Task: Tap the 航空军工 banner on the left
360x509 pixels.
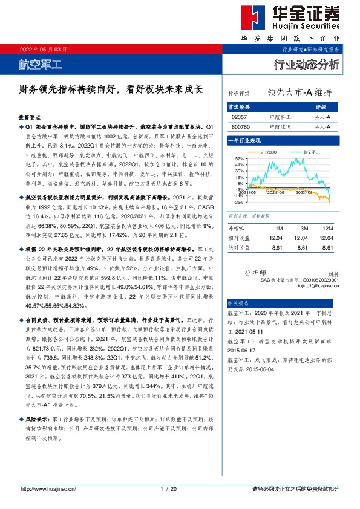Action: pos(41,63)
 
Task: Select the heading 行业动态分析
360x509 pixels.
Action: pos(307,64)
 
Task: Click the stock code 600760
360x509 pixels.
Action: pos(241,127)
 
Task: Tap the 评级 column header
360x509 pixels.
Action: pos(321,106)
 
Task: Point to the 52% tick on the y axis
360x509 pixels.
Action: pos(239,158)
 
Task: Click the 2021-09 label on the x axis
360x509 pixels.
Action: pos(277,192)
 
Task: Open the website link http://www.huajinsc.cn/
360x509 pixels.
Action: pos(48,488)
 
